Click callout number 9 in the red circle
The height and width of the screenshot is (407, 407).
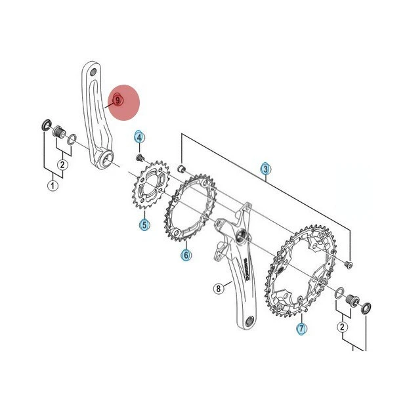coord(118,100)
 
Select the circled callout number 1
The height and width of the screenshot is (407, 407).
coord(53,186)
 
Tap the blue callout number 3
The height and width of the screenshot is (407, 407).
coord(265,169)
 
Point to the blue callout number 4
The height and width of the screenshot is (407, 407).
coord(139,137)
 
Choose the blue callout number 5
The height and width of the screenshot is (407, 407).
coord(144,225)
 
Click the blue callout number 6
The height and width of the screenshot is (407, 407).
coord(186,254)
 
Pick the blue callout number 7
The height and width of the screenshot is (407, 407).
coord(301,328)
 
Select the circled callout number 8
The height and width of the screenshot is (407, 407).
coord(218,288)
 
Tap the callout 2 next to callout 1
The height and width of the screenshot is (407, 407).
coord(62,164)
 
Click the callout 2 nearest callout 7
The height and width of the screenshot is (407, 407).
coord(342,326)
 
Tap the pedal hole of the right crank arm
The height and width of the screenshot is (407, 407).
coord(250,322)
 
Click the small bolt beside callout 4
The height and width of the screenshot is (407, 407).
coord(139,158)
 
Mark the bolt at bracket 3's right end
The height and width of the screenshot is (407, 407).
coord(348,264)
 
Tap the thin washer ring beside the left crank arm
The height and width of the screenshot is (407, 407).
coord(72,139)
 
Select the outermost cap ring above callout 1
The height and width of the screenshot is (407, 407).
coord(45,124)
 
